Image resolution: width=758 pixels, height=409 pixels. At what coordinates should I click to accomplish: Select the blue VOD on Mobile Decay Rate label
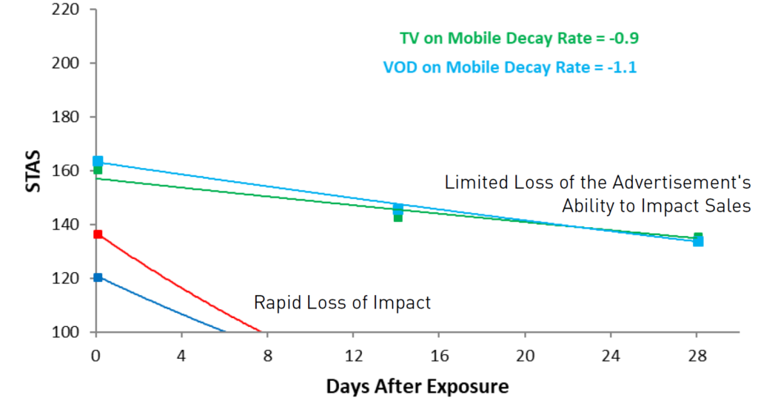(x=510, y=67)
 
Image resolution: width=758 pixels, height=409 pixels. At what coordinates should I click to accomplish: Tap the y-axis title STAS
(x=33, y=172)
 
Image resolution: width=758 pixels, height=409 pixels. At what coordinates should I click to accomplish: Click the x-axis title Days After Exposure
(x=417, y=386)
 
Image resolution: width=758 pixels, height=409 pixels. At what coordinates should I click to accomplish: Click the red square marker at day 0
(x=98, y=234)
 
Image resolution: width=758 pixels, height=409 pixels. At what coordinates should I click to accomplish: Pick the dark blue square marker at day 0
(x=98, y=277)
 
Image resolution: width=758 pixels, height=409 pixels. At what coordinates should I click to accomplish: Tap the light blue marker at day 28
(x=698, y=242)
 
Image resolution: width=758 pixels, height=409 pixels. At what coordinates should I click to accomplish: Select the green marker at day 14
(x=398, y=217)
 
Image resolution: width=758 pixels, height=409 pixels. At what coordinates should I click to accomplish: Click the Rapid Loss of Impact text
(x=342, y=302)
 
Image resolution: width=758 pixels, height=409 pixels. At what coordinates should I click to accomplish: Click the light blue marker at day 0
(x=98, y=160)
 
